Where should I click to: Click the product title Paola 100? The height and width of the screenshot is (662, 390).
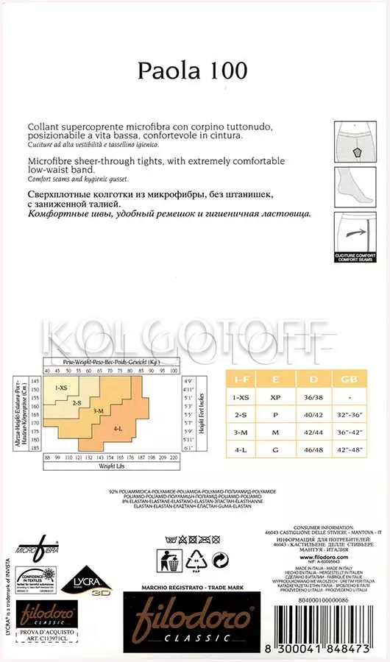click(193, 70)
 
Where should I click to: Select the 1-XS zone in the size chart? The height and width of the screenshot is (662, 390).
click(61, 387)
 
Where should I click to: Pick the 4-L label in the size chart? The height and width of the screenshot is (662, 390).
click(118, 428)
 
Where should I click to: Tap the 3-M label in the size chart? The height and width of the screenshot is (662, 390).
click(98, 411)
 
